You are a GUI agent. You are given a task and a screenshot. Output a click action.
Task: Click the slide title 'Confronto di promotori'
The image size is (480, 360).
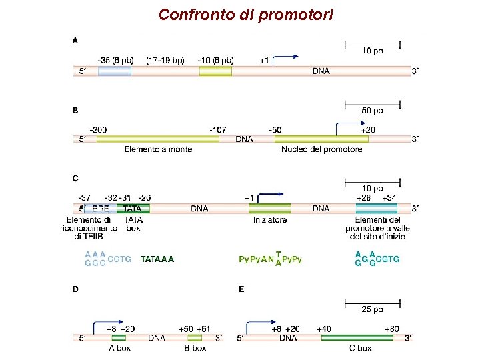246,14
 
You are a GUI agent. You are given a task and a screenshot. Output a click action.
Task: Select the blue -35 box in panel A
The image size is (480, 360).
115,71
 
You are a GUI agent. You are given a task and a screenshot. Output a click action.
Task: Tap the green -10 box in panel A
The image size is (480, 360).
215,71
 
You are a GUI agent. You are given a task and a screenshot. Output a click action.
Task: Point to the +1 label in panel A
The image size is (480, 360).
265,61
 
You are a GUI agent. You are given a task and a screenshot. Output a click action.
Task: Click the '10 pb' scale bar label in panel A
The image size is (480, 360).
373,51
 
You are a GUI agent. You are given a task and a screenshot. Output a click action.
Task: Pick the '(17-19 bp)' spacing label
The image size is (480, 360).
165,61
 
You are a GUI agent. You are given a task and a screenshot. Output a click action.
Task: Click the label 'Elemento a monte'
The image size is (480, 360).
158,149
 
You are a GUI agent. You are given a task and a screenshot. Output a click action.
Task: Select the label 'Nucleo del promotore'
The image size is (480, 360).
321,149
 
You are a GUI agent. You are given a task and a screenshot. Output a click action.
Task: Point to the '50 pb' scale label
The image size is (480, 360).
373,110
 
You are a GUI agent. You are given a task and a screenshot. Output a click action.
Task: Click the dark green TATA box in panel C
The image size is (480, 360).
133,208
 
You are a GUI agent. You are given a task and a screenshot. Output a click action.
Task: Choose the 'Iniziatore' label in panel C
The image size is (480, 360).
270,219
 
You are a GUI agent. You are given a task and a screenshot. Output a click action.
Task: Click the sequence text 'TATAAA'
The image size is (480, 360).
157,259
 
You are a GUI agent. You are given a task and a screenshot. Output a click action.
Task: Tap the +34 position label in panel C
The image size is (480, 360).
389,198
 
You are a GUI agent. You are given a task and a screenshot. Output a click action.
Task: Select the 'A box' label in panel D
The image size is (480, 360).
119,348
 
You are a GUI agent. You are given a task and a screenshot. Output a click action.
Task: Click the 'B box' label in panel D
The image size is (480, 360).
195,348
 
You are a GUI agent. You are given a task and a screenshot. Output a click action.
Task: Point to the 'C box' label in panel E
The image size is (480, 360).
361,348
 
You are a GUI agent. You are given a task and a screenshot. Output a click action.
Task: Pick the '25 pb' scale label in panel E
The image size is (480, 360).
373,309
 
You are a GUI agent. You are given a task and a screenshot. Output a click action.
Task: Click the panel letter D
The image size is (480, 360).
75,289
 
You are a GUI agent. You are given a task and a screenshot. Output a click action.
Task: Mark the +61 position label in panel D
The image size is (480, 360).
203,329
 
